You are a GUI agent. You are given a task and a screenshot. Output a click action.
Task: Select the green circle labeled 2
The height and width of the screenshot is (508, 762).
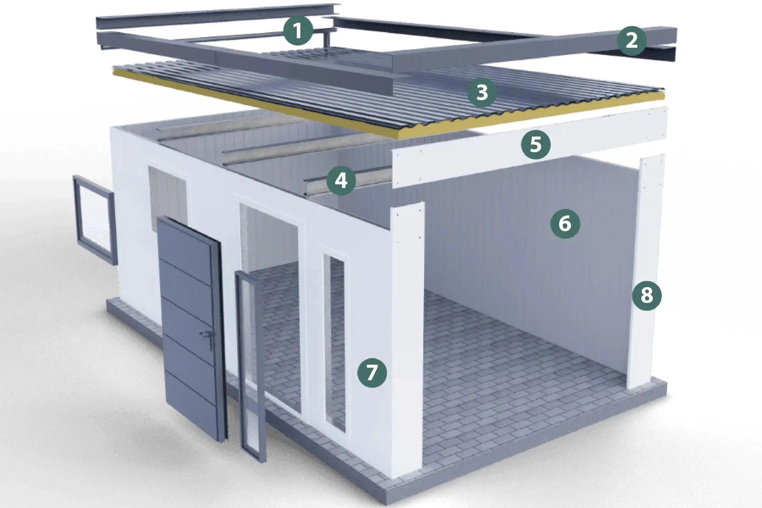pos(631,41)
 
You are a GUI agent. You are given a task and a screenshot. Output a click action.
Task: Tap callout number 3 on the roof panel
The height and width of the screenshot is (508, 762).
pos(482,92)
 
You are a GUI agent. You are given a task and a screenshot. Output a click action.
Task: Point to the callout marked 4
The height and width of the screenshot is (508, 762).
pos(341,180)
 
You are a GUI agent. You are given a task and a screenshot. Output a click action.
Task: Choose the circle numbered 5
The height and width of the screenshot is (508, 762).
pos(536,144)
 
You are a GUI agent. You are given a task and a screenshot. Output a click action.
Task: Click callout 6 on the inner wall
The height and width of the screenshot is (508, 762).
pos(565,224)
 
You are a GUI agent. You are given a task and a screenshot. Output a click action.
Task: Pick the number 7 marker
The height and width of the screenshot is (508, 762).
pos(372,372)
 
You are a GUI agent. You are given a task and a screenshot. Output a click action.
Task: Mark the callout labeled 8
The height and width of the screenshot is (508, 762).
pos(647,295)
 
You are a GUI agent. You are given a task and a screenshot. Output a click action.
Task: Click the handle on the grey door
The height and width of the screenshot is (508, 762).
pos(208,337)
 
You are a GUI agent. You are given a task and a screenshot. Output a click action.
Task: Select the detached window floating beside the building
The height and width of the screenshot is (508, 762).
pos(94,220)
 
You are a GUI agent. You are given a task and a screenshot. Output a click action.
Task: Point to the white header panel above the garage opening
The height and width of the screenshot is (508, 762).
pos(530,147)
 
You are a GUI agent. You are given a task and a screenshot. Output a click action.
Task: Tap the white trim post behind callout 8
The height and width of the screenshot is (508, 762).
pos(645,272)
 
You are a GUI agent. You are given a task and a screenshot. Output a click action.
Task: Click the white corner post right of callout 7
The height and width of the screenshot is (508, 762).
pos(407,340)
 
